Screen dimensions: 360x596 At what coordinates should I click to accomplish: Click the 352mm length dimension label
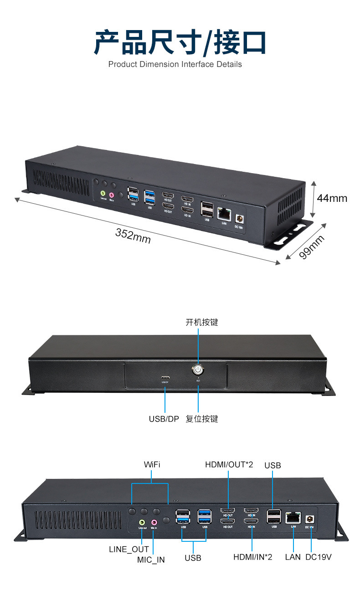click(x=133, y=236)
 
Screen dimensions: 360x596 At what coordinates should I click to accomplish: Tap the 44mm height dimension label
click(x=332, y=198)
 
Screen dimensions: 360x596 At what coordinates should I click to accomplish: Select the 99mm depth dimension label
click(x=313, y=247)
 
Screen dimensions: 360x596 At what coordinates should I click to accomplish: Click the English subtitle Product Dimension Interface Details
click(x=175, y=64)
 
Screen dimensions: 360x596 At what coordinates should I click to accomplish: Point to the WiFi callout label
click(x=152, y=464)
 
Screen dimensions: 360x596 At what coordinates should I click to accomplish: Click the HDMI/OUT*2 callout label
click(x=229, y=464)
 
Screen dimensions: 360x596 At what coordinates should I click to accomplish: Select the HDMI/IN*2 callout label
click(x=252, y=557)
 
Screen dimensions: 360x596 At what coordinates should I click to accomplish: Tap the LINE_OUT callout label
click(x=129, y=549)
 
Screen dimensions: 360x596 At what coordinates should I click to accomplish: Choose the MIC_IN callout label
click(x=151, y=560)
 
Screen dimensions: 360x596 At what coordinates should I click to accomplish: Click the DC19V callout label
click(x=319, y=557)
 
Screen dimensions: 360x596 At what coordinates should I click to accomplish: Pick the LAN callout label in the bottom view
click(x=293, y=557)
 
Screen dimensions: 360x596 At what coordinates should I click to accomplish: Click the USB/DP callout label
click(x=164, y=419)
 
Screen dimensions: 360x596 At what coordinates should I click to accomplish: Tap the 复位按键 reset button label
click(x=201, y=419)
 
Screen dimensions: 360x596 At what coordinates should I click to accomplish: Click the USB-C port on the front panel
click(x=165, y=378)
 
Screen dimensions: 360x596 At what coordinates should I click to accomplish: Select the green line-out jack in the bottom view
click(x=142, y=522)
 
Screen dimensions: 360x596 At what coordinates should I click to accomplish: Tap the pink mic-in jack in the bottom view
click(x=154, y=522)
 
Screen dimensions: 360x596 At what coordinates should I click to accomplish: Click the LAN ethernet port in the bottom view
click(x=293, y=518)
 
